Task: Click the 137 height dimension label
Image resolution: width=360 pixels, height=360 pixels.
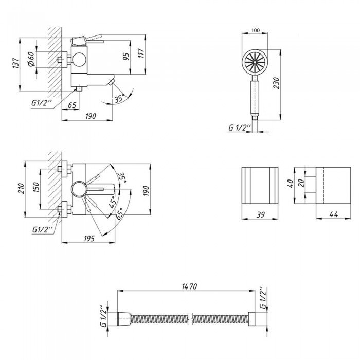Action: [16, 63]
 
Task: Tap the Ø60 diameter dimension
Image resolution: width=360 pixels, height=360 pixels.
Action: [31, 59]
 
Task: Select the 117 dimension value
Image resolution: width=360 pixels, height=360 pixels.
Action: [141, 53]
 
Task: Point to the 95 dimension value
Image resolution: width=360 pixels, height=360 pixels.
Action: [126, 57]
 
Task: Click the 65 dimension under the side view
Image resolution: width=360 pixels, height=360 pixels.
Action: [72, 105]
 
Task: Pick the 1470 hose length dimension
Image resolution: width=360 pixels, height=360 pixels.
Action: [189, 286]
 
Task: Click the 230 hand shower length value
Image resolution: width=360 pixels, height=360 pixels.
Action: [277, 83]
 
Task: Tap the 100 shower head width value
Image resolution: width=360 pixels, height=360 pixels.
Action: [256, 30]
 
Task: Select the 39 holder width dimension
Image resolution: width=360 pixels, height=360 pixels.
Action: [260, 215]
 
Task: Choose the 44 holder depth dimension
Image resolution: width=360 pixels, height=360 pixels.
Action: [334, 214]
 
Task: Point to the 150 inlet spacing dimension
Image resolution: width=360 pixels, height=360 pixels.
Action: [37, 187]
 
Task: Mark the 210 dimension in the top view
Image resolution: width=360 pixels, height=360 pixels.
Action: [21, 188]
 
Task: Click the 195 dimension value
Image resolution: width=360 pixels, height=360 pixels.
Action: [89, 239]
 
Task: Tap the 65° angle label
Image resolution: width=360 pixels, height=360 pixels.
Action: [119, 213]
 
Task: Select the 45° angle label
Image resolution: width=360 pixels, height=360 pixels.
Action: [113, 202]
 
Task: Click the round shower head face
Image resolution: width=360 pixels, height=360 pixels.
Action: [255, 62]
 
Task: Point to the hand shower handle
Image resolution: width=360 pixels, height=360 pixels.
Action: [255, 99]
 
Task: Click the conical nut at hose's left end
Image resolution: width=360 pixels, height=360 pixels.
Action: [124, 319]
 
